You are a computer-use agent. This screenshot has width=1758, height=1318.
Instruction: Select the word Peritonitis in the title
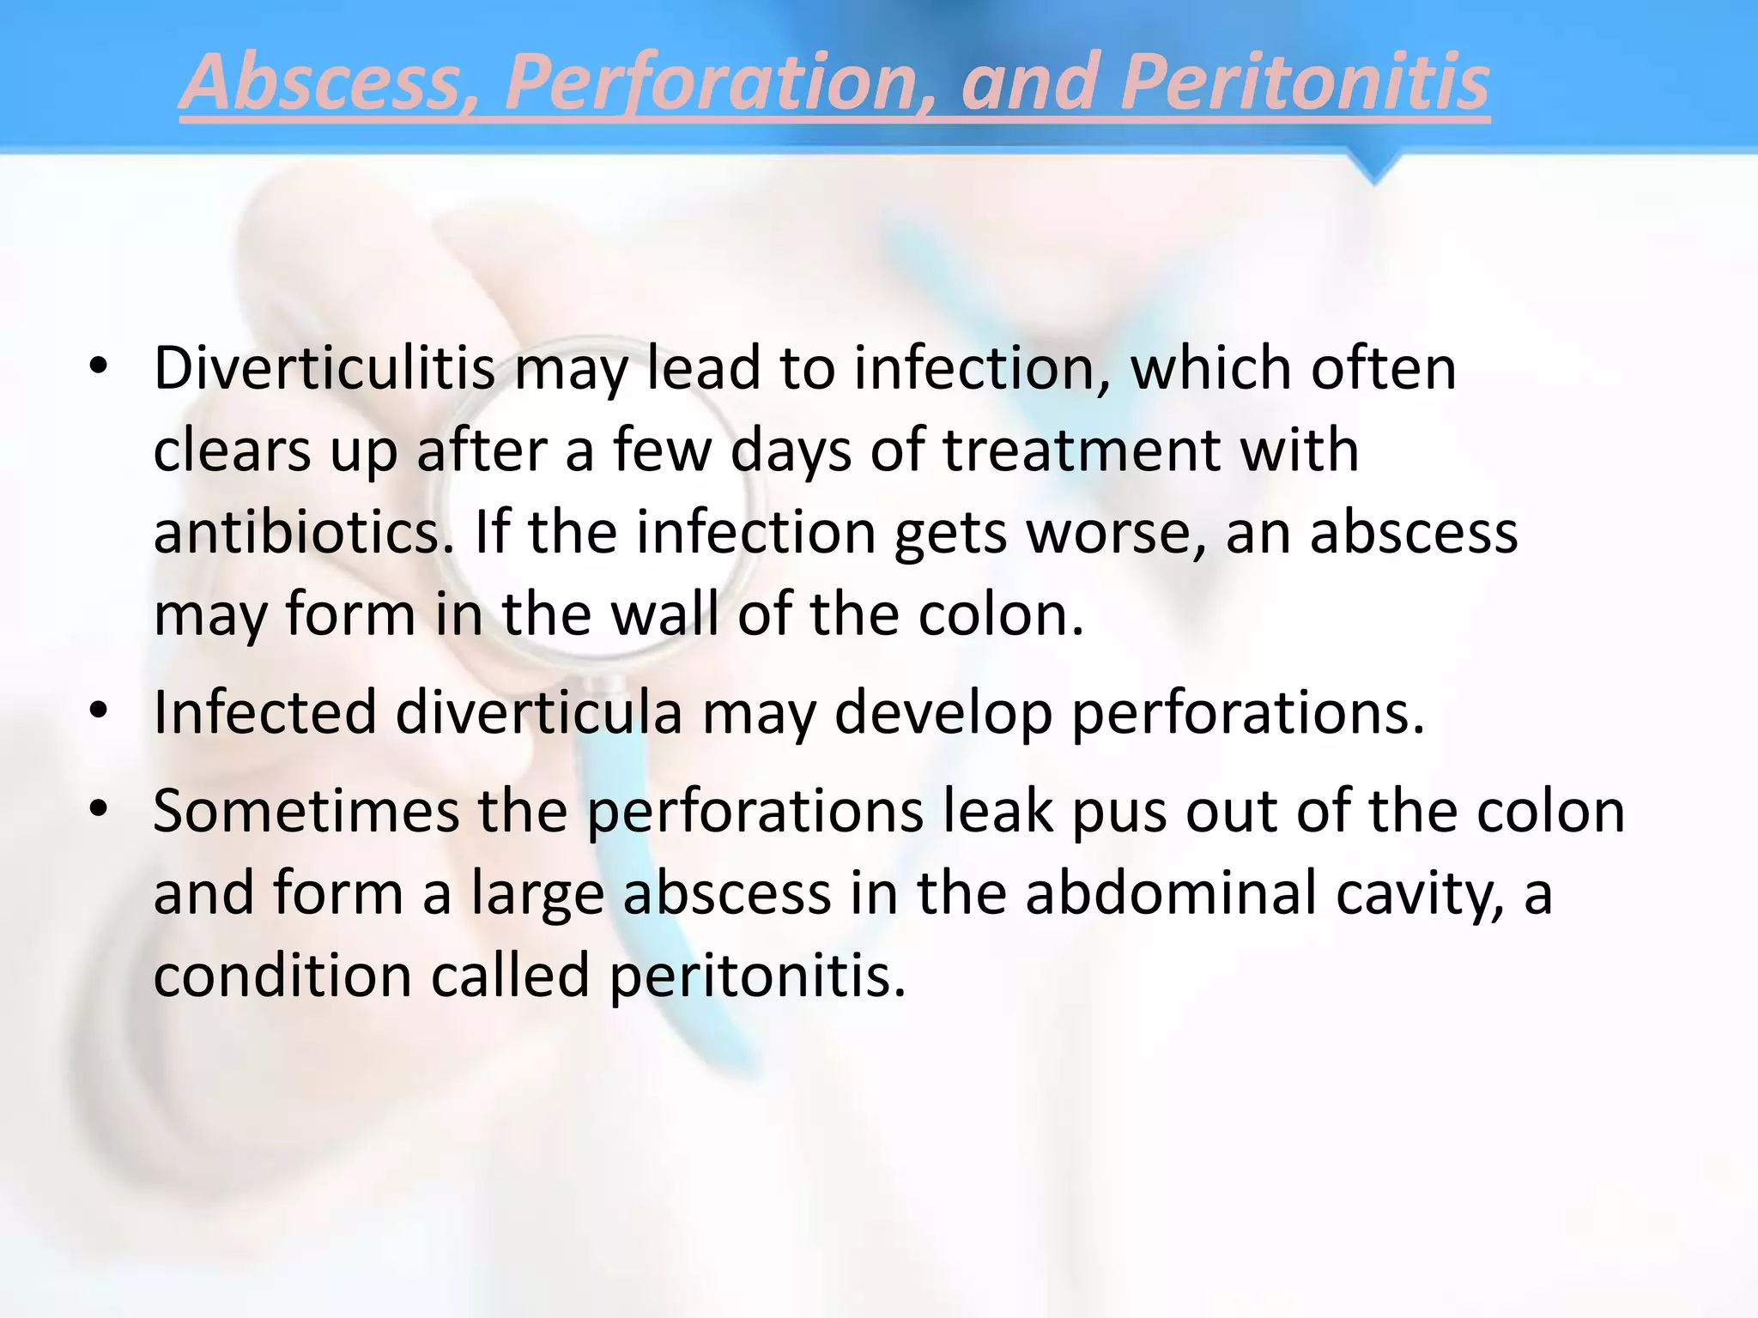[x=1304, y=83]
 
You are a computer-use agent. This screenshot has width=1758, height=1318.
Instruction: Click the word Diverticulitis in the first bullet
[x=324, y=369]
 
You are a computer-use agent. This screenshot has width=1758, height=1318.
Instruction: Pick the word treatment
[x=1082, y=450]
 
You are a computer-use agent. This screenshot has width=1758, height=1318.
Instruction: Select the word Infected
[x=265, y=713]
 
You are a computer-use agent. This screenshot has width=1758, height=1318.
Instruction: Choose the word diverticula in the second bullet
[x=539, y=713]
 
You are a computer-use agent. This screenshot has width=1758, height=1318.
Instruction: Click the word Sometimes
[x=306, y=812]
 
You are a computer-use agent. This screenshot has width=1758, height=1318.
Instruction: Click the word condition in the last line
[x=282, y=976]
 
